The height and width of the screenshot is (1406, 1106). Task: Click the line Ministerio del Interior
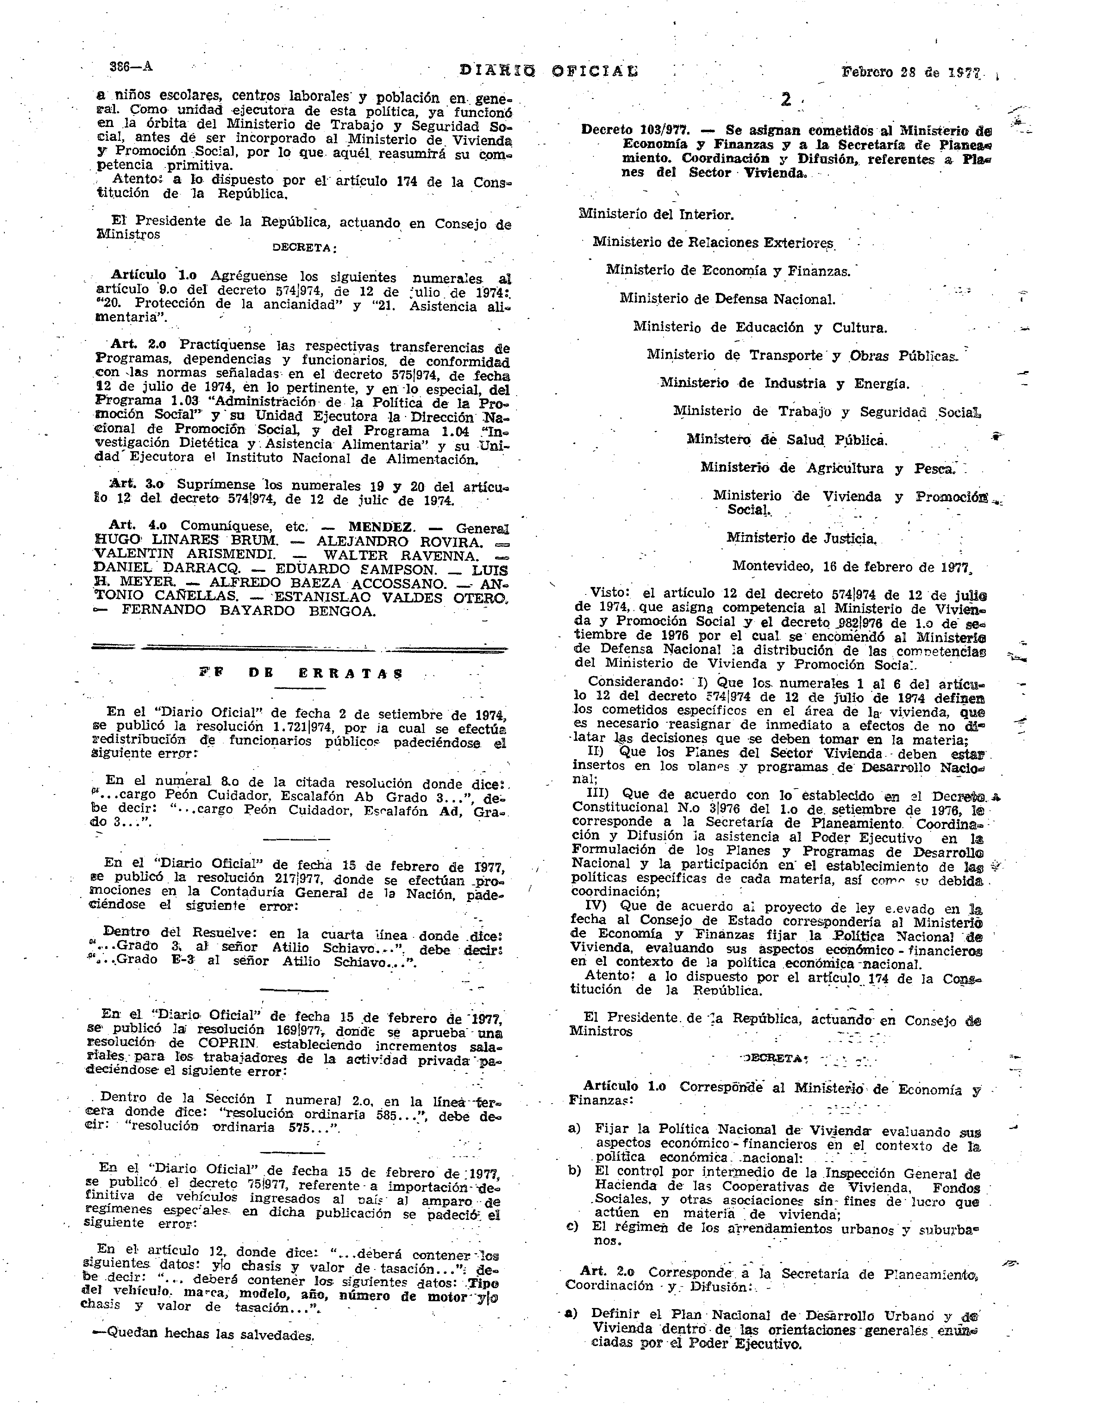coord(656,214)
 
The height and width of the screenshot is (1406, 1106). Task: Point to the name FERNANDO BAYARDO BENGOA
coord(248,611)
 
